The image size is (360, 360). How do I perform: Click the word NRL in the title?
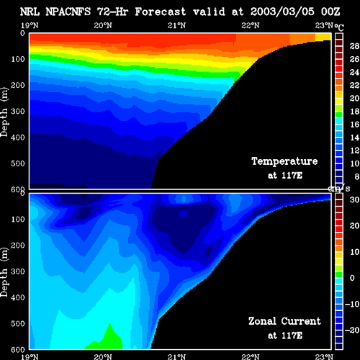[30, 12]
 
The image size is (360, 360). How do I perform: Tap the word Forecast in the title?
[161, 12]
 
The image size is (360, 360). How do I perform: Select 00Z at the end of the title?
[330, 12]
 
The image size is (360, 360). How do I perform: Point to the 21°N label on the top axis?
[176, 25]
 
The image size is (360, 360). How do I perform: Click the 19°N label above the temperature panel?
[30, 25]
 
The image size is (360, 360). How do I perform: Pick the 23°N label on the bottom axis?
[324, 357]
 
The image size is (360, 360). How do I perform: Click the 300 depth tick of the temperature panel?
[18, 111]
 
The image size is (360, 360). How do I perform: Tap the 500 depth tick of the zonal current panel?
[18, 323]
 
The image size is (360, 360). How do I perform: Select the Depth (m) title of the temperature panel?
[4, 112]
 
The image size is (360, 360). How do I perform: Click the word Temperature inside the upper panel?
[284, 161]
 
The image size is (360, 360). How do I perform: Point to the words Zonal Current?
[284, 321]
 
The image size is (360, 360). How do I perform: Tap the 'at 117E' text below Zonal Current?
[285, 336]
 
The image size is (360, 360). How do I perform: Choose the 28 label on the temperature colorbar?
[354, 46]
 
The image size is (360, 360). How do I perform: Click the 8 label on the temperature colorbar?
[357, 176]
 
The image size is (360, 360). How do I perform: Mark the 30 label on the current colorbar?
[354, 199]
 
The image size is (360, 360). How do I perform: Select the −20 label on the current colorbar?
[352, 330]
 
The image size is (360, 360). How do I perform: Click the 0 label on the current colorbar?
[352, 278]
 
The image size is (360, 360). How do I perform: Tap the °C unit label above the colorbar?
[339, 27]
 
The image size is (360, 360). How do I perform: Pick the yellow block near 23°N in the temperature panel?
[323, 37]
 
